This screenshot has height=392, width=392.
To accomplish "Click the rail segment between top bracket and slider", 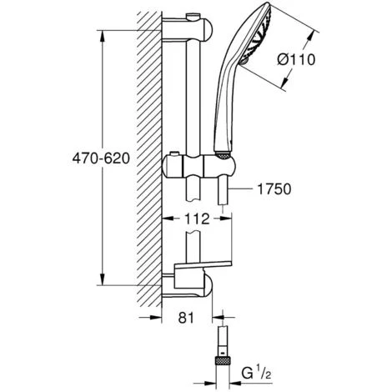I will click(197, 92).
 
